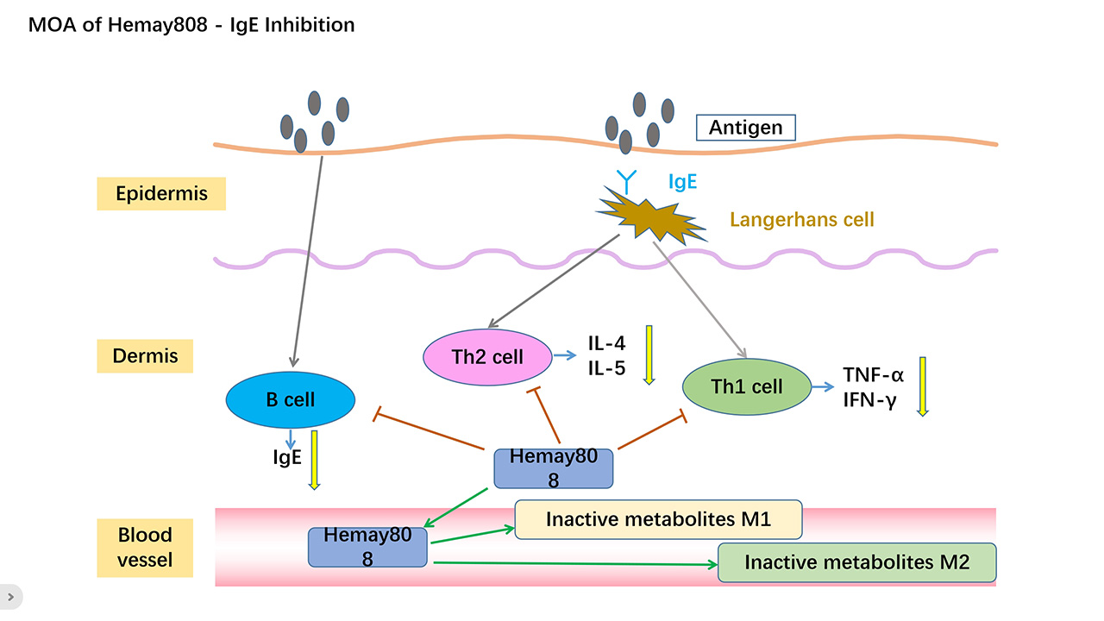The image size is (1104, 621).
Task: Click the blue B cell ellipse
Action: coord(291,399)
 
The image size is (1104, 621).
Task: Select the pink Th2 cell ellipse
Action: coord(487,357)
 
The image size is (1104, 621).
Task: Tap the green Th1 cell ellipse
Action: coord(747,386)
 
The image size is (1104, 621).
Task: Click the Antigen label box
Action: coord(746,128)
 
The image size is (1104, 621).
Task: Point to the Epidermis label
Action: coord(161,194)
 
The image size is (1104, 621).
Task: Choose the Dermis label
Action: coord(145,356)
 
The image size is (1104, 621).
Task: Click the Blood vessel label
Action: coord(145,548)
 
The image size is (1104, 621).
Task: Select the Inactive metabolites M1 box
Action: coord(658,519)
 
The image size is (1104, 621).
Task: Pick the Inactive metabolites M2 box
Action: coord(857,562)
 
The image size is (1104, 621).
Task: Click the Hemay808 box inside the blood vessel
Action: coord(367,547)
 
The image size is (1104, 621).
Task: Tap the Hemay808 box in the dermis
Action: coord(554,468)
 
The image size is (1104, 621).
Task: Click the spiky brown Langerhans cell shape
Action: coord(650,216)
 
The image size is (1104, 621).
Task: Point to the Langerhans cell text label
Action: coord(802,220)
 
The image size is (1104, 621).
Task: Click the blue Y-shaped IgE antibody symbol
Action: coord(626,182)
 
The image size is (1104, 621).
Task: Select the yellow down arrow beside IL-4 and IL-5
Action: coord(649,354)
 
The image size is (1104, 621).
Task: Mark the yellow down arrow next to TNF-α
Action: coord(923,387)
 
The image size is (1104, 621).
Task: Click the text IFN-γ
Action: coord(869,400)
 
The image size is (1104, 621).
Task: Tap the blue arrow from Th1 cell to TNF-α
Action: coord(823,387)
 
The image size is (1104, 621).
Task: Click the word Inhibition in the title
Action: coord(310,25)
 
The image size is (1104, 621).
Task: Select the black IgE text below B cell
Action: coord(287,457)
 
